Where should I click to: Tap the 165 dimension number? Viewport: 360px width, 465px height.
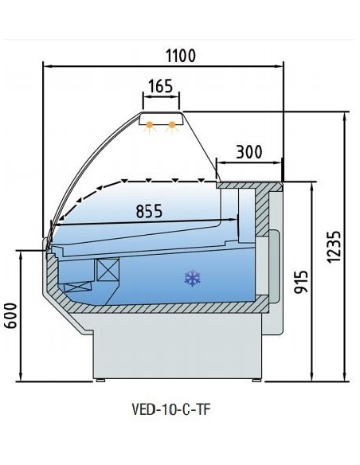tap(161, 87)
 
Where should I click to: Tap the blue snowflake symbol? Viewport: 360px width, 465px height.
tap(191, 278)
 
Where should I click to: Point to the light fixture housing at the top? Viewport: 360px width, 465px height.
tap(162, 121)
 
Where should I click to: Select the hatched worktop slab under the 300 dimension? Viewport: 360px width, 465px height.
tap(248, 185)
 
